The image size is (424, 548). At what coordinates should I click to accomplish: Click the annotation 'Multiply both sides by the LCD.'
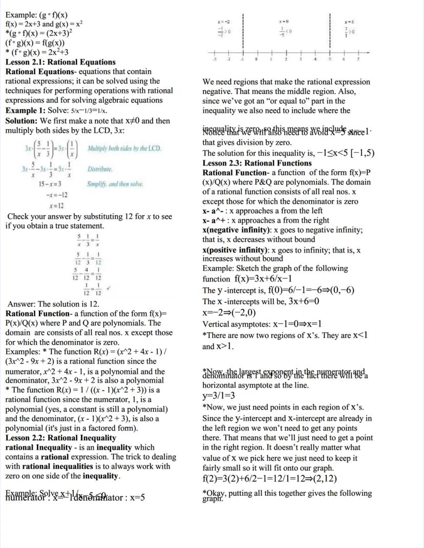tap(124, 149)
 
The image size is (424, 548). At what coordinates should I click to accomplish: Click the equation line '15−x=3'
tap(50, 184)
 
